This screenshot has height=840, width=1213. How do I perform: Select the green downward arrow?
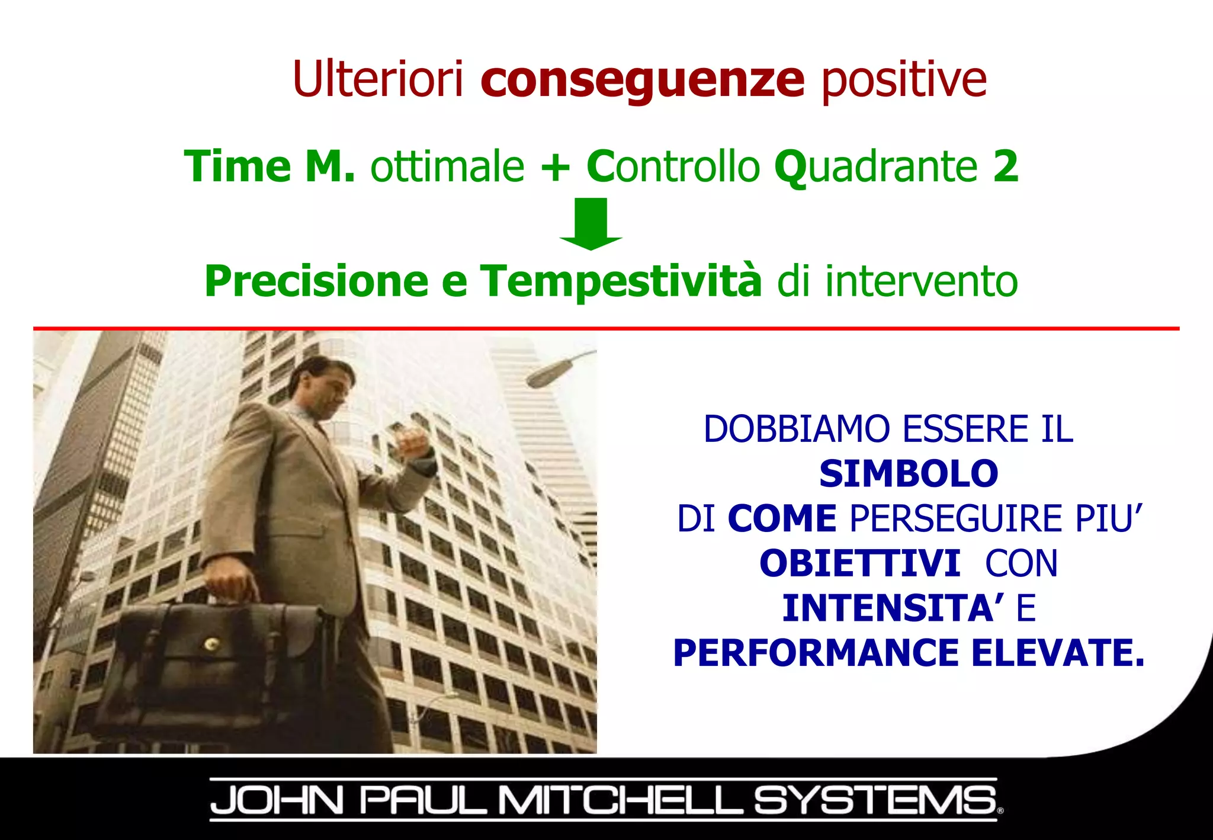(x=591, y=225)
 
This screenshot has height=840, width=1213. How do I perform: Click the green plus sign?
(x=555, y=167)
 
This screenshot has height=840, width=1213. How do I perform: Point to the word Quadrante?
(x=875, y=167)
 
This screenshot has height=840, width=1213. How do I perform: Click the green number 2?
(x=1005, y=166)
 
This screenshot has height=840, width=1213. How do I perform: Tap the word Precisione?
(x=316, y=281)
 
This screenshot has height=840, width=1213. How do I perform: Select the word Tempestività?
(x=620, y=281)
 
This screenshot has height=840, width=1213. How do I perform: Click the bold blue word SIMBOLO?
(x=908, y=474)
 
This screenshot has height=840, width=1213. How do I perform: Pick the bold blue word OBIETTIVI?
(x=859, y=563)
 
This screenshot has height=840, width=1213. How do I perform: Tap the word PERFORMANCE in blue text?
(x=816, y=653)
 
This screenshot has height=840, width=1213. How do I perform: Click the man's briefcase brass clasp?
(x=210, y=643)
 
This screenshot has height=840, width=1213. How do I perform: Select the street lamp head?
(x=548, y=373)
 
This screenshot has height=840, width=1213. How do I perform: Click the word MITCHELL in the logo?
(x=619, y=800)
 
